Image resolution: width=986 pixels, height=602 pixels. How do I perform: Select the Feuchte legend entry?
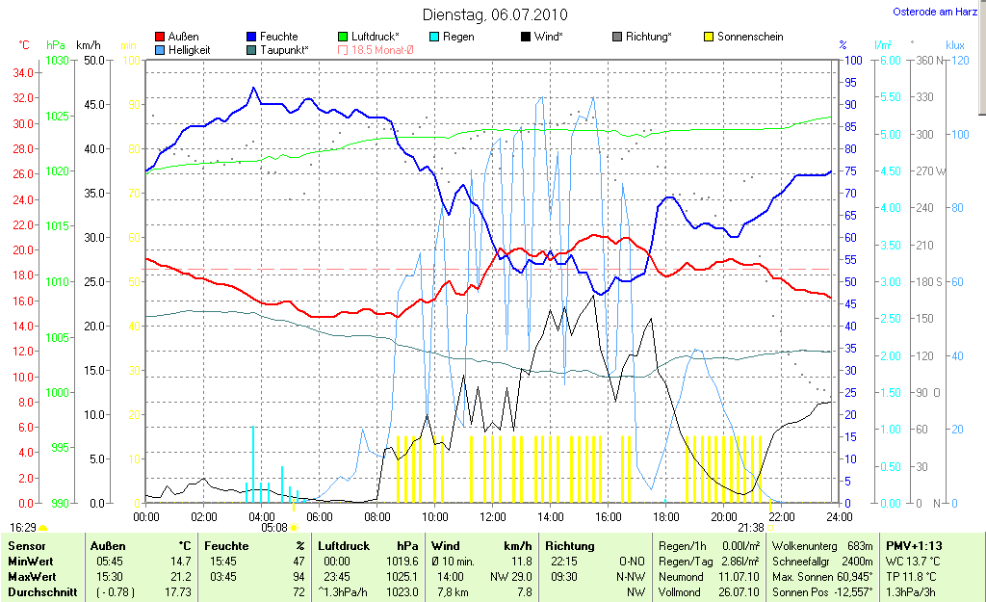coord(279,37)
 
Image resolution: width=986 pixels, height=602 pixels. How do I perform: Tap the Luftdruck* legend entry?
coord(376,37)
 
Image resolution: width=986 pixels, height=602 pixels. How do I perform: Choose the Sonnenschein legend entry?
coord(750,37)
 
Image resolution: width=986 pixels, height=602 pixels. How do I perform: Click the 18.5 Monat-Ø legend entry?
coord(383,50)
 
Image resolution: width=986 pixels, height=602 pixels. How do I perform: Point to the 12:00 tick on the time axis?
coord(492,516)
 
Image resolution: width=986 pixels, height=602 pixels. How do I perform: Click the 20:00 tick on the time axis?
coord(723,516)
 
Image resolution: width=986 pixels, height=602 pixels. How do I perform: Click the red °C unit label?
coord(24,45)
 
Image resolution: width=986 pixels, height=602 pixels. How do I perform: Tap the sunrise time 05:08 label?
coord(275,528)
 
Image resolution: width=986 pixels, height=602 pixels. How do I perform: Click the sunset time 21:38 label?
coord(751,528)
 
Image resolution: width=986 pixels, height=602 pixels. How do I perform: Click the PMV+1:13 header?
coord(914,546)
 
